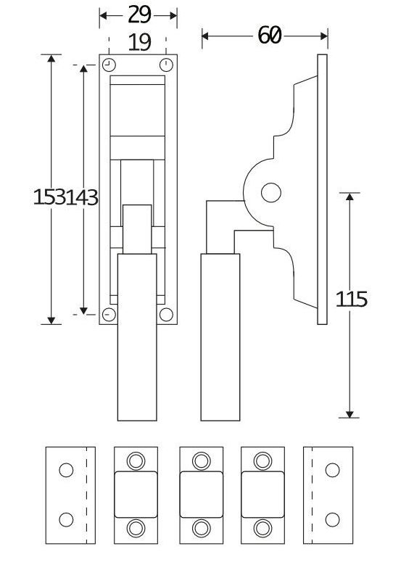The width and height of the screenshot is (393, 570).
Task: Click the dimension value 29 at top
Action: (138, 15)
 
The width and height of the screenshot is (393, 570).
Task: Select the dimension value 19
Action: (138, 42)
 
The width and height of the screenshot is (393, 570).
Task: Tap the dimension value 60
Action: (268, 35)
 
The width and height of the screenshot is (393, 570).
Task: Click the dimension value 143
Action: (82, 197)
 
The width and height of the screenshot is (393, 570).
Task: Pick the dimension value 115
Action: (352, 298)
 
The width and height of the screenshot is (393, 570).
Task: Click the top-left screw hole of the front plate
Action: (109, 64)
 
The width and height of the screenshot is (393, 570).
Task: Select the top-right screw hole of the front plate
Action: (166, 64)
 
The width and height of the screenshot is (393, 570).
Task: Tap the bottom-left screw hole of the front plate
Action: (109, 315)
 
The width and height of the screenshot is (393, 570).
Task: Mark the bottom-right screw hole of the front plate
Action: (166, 315)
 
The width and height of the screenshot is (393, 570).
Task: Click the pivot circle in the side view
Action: (270, 192)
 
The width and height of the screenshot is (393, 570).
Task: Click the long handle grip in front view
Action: (137, 336)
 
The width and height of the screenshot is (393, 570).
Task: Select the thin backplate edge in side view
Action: (323, 189)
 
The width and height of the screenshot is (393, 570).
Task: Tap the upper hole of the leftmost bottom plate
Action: (66, 470)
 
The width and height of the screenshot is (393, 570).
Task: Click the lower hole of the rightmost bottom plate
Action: (333, 519)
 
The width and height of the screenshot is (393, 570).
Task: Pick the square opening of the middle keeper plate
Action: (201, 494)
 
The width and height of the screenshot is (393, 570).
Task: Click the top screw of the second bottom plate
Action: (136, 460)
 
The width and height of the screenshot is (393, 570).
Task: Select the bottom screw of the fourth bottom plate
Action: (262, 528)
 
